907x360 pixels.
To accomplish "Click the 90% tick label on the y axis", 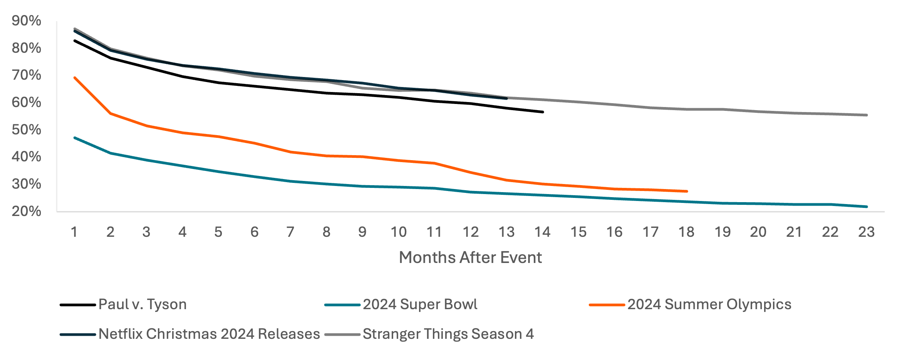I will click(x=26, y=21).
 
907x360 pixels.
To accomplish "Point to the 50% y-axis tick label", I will click(x=26, y=130).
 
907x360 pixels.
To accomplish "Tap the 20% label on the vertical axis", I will click(x=26, y=211).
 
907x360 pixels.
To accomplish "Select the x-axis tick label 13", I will click(x=506, y=232).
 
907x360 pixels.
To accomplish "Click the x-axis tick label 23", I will click(x=866, y=232).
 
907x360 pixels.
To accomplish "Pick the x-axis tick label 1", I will click(x=74, y=232).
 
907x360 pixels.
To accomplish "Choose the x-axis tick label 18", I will click(x=686, y=232).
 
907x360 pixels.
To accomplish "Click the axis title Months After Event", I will click(x=470, y=257).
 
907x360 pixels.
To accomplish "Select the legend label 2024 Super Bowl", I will click(x=420, y=305).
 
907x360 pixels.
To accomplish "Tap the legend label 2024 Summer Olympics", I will click(x=709, y=305).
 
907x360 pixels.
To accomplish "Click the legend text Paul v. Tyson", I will click(x=143, y=305).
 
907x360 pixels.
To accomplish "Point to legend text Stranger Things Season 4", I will click(x=448, y=334).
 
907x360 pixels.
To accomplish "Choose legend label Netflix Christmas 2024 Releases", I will click(x=209, y=334).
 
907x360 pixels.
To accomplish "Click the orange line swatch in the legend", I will click(x=607, y=305).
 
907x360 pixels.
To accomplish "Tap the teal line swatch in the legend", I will click(x=342, y=305).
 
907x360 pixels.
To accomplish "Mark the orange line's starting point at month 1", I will click(x=74, y=77).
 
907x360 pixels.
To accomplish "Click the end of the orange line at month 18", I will click(x=686, y=191).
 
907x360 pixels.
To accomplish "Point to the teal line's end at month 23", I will click(x=866, y=207).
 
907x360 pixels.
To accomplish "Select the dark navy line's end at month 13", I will click(x=506, y=99).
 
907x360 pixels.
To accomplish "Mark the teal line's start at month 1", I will click(x=74, y=137).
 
